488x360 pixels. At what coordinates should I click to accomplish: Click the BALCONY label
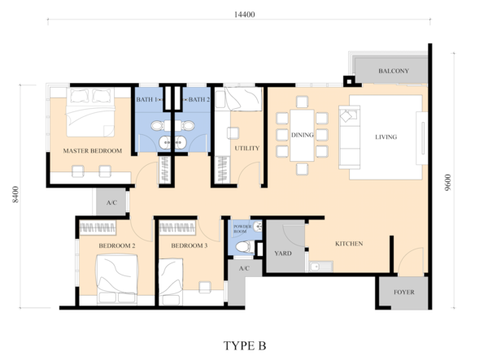[394, 71]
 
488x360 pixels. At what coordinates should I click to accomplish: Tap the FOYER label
[403, 293]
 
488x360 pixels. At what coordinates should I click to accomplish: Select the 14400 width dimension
[244, 15]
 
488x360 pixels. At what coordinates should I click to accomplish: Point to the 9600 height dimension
[447, 183]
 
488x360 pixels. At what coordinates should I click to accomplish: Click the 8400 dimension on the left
[15, 194]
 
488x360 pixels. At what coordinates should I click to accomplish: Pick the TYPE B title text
[245, 345]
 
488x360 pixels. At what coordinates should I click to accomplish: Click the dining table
[302, 135]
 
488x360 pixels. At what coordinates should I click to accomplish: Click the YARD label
[283, 254]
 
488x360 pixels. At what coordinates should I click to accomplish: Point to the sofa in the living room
[349, 137]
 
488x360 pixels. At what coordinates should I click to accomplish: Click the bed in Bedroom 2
[117, 279]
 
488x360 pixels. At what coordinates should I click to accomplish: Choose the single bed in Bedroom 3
[171, 282]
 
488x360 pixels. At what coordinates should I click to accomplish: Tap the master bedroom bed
[90, 112]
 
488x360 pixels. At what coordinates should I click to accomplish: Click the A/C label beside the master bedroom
[111, 203]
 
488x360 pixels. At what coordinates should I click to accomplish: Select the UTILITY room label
[246, 148]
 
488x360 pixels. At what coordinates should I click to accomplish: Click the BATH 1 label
[146, 99]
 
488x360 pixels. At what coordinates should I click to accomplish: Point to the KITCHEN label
[349, 244]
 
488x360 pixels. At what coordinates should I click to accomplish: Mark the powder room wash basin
[258, 227]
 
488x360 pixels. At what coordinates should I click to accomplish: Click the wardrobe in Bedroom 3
[177, 228]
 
